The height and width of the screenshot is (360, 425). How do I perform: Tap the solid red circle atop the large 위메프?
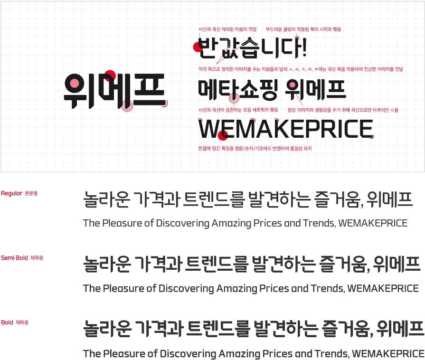110,75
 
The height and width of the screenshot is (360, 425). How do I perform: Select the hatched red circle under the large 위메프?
127,106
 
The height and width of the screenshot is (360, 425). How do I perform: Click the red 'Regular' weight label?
19,193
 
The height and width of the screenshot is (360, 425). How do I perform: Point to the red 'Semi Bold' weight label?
22,258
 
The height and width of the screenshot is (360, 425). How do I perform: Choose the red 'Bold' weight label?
15,322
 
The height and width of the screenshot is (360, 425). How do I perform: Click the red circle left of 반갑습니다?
197,46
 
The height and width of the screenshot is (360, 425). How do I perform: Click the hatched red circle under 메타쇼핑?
233,99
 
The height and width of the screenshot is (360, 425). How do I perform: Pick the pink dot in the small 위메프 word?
291,86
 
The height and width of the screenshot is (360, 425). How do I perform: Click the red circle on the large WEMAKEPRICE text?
221,135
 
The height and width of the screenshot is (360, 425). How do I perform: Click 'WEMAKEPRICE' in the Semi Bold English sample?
383,288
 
